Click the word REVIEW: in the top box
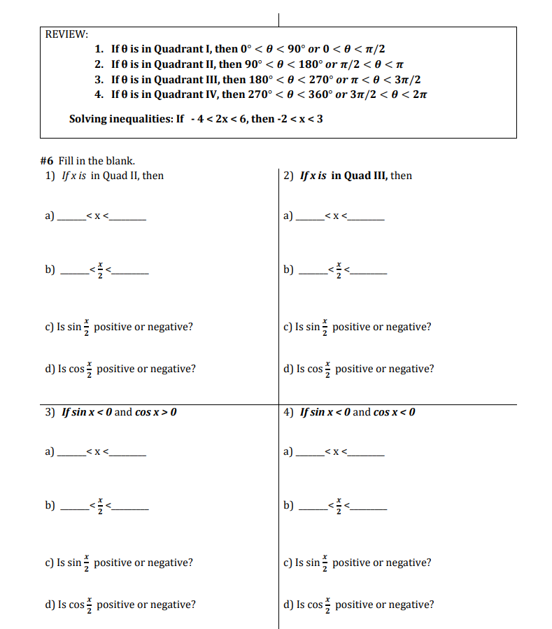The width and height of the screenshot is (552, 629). click(x=66, y=34)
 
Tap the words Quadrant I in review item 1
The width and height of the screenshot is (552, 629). click(x=185, y=49)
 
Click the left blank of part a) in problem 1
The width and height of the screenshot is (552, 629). click(x=69, y=218)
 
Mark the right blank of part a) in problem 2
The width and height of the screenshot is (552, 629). click(x=367, y=218)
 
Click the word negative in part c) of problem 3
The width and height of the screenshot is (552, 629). click(x=171, y=563)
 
